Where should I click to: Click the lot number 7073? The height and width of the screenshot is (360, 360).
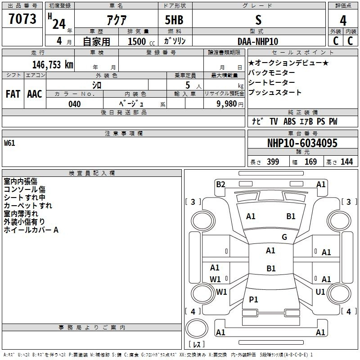tap(22, 19)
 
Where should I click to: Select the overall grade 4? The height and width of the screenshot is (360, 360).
tap(343, 21)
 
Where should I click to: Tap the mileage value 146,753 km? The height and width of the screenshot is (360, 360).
tap(53, 65)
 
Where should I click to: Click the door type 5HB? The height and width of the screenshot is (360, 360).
tap(174, 20)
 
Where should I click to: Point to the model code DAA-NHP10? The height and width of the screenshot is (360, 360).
tap(258, 41)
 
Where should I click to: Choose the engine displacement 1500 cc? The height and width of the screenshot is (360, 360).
tap(141, 41)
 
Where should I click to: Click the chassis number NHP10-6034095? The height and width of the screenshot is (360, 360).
tap(302, 143)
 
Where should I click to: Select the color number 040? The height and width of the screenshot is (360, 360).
tap(75, 104)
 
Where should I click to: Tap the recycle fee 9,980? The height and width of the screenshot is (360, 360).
tap(227, 104)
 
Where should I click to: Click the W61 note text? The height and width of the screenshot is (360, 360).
tap(9, 143)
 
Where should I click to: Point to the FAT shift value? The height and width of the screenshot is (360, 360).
tap(13, 94)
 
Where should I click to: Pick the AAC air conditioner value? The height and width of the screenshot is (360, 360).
tap(35, 94)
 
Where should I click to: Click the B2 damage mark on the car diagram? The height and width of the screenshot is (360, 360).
tap(220, 184)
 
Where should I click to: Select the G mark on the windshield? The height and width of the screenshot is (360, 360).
tap(284, 237)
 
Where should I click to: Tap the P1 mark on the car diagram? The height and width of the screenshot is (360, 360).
tap(253, 299)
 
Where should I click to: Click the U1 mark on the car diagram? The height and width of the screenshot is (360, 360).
tap(320, 292)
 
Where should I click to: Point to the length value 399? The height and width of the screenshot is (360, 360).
tap(273, 162)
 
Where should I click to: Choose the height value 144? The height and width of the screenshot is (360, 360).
tap(346, 162)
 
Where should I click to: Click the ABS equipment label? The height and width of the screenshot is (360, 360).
tap(289, 121)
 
